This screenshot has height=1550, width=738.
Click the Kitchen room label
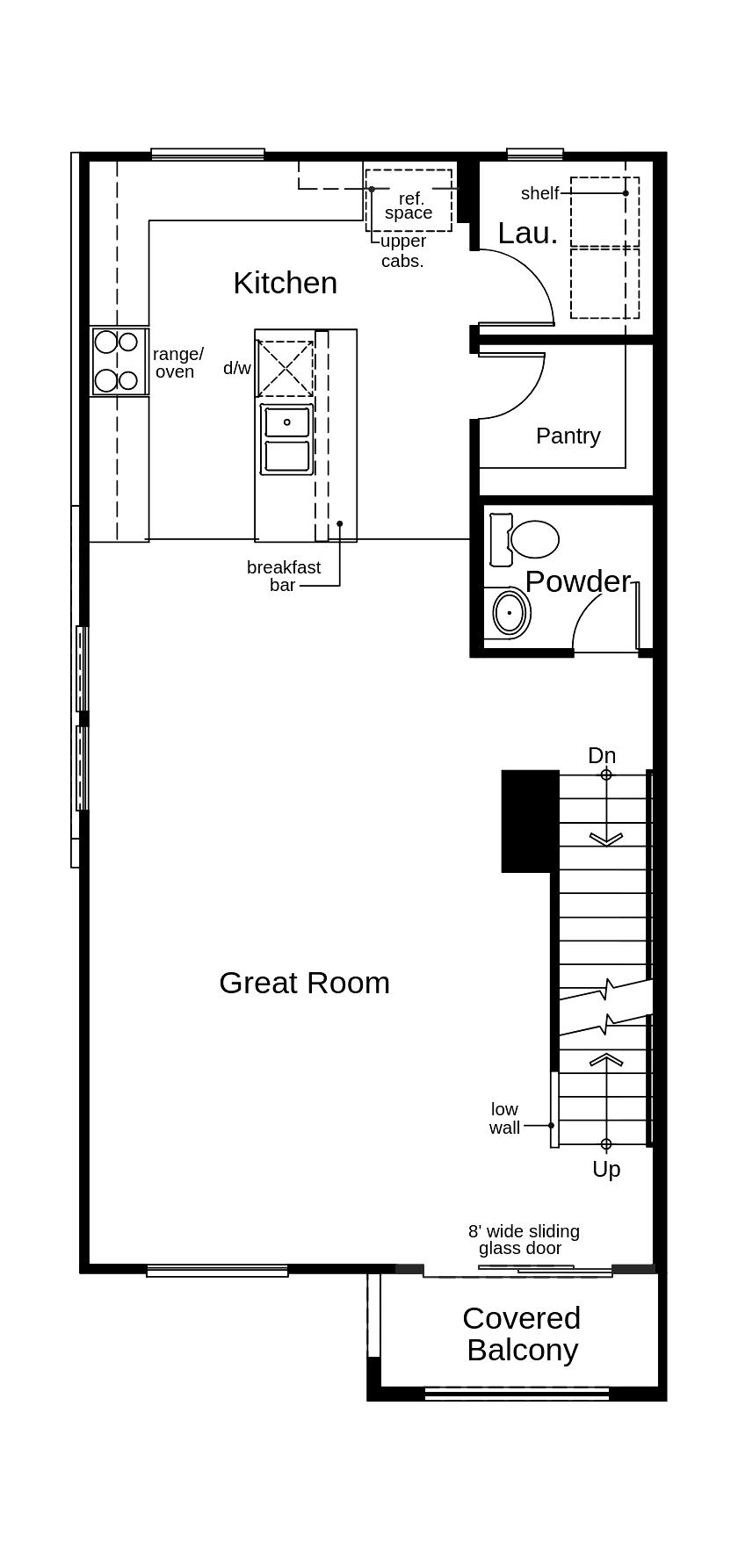pyautogui.click(x=285, y=283)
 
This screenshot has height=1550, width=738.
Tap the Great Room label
pyautogui.click(x=304, y=983)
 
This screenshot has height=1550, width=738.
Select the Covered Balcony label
pyautogui.click(x=522, y=1334)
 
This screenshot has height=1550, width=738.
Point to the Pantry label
pyautogui.click(x=568, y=436)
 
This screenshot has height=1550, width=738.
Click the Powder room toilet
pyautogui.click(x=534, y=539)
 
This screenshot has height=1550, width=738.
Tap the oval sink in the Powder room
pyautogui.click(x=510, y=612)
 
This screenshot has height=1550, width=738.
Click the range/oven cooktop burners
pyautogui.click(x=117, y=361)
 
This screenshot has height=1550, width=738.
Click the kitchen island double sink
pyautogui.click(x=286, y=439)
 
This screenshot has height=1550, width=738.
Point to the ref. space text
pyautogui.click(x=409, y=205)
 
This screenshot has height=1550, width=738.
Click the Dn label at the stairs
pyautogui.click(x=602, y=755)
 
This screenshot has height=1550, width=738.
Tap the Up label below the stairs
pyautogui.click(x=606, y=1169)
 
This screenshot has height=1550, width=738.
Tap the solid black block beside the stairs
pyautogui.click(x=529, y=820)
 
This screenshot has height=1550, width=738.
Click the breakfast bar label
pyautogui.click(x=283, y=576)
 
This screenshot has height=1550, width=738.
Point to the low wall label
pyautogui.click(x=504, y=1118)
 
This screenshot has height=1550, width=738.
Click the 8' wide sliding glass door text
pyautogui.click(x=523, y=1239)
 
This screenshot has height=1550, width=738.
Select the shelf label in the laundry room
pyautogui.click(x=539, y=193)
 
